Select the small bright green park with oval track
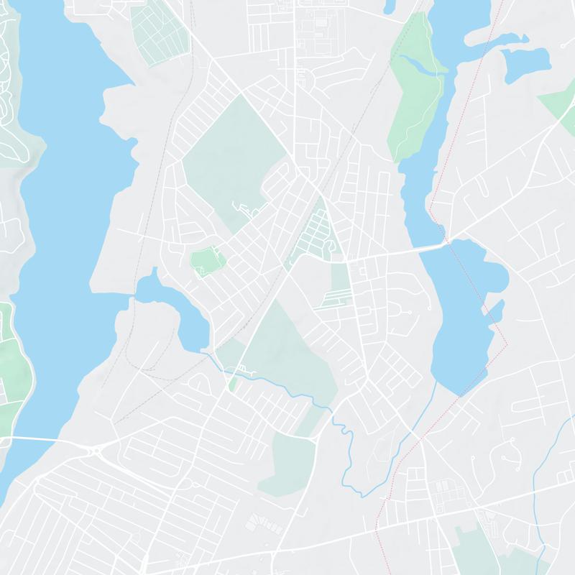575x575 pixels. [x=207, y=259]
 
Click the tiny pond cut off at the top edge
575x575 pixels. [x=390, y=7]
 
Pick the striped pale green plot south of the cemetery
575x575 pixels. [x=336, y=287]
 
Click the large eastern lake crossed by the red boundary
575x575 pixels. [x=464, y=309]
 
